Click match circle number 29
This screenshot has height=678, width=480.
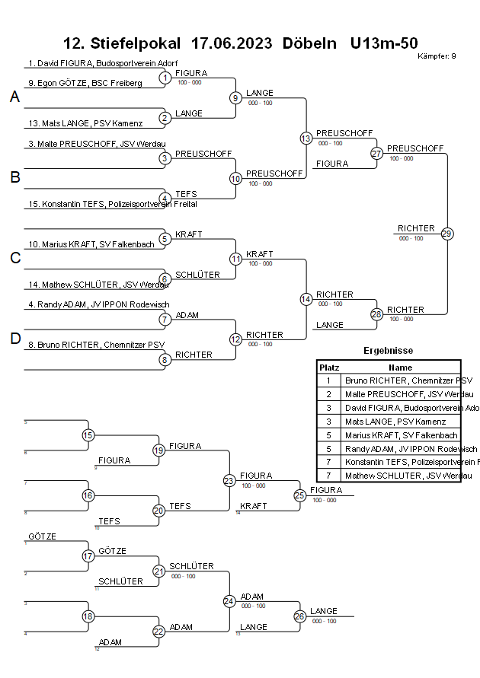tap(447, 234)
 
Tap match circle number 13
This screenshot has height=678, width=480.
tap(306, 138)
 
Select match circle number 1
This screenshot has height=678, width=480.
tap(165, 78)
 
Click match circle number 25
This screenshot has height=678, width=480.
tap(299, 495)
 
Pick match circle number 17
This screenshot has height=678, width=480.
tap(88, 556)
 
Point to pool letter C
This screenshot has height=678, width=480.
tap(15, 259)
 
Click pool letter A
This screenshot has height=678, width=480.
tap(15, 97)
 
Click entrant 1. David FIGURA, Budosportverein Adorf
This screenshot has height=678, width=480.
tap(103, 63)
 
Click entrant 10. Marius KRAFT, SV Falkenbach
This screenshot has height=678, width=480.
tap(91, 244)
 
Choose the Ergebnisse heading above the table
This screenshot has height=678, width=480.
tap(389, 351)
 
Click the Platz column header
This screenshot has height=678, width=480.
tap(328, 367)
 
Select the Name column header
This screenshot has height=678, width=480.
tap(400, 367)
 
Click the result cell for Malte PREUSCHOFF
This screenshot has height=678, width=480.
tap(408, 394)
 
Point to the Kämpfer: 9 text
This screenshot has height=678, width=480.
tap(437, 56)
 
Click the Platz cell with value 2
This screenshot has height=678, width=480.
tap(328, 394)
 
